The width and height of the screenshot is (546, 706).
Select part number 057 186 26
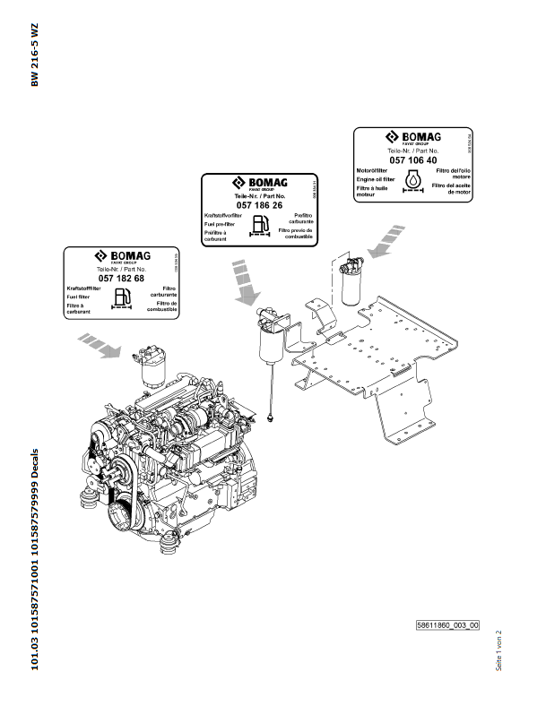click(x=258, y=206)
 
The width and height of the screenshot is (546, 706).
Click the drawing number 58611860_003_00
click(x=447, y=625)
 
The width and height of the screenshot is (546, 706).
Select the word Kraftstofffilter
click(x=82, y=288)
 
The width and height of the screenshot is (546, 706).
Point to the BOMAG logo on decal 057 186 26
click(x=257, y=183)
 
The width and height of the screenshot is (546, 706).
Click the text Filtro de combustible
click(x=166, y=307)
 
